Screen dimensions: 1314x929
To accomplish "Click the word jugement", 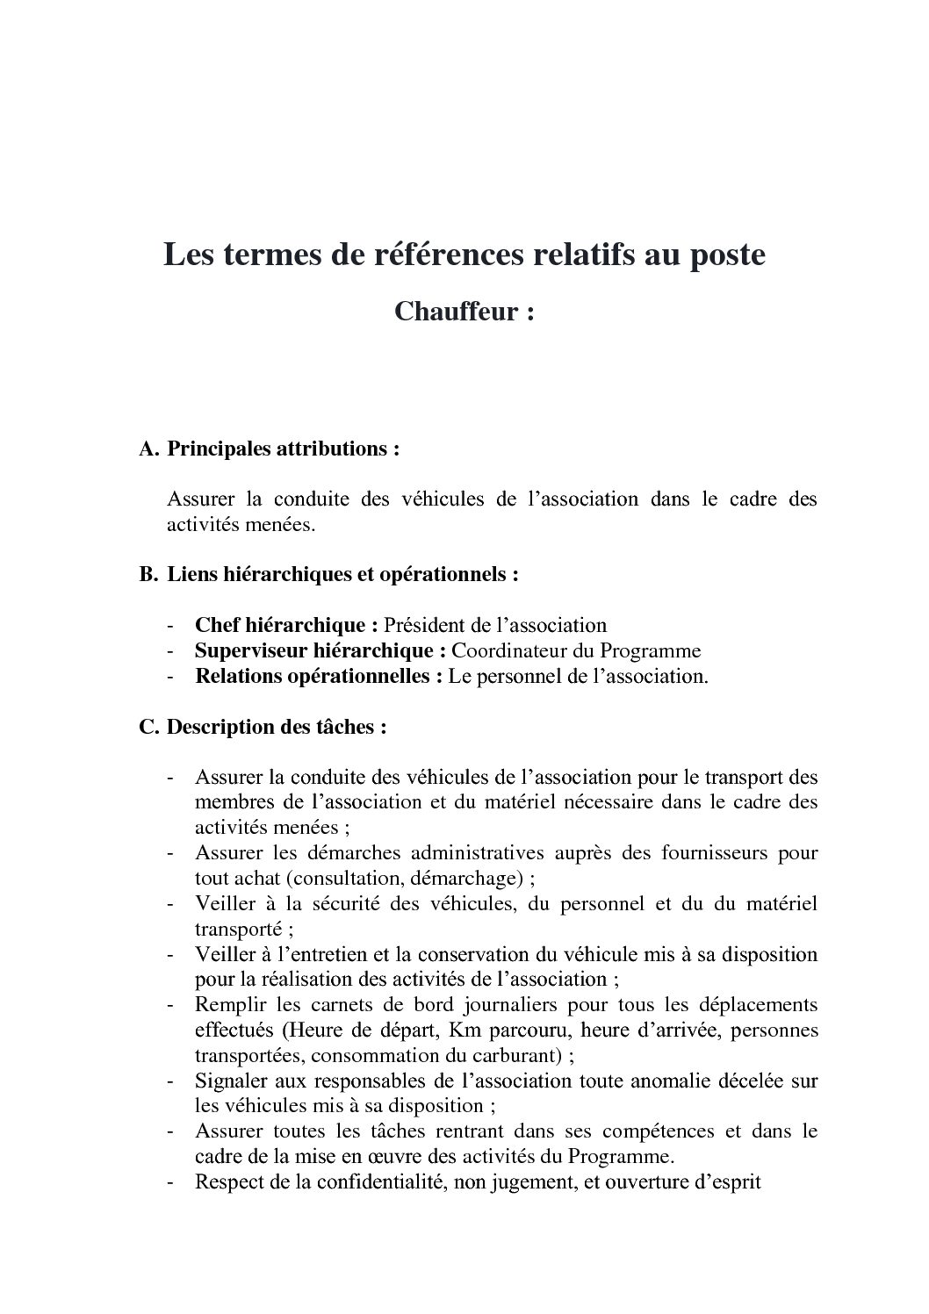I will tap(527, 1182).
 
